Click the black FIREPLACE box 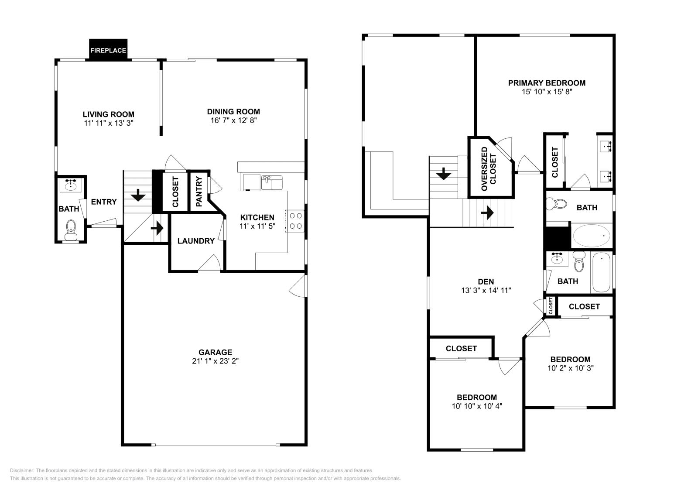point(108,50)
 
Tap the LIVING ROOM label point(108,114)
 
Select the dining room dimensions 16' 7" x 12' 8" point(233,120)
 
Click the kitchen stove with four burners point(294,220)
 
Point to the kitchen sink point(272,182)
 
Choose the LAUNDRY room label point(196,241)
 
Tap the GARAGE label point(215,352)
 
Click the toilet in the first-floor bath point(70,229)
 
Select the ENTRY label point(104,202)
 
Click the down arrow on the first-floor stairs point(138,195)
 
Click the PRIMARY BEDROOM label point(547,83)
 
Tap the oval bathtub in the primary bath point(592,236)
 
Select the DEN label point(486,281)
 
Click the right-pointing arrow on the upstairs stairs point(487,213)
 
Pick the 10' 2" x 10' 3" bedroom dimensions point(570,368)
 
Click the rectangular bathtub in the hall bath point(602,273)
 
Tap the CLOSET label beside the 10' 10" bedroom point(461,348)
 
